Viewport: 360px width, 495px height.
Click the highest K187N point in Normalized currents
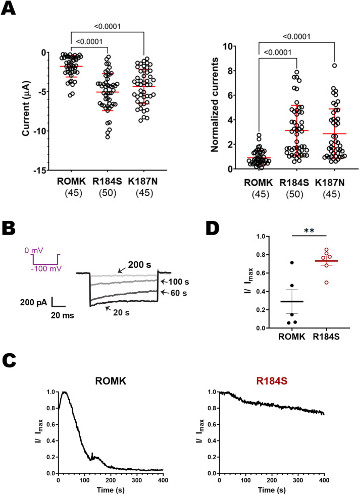click(x=334, y=66)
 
